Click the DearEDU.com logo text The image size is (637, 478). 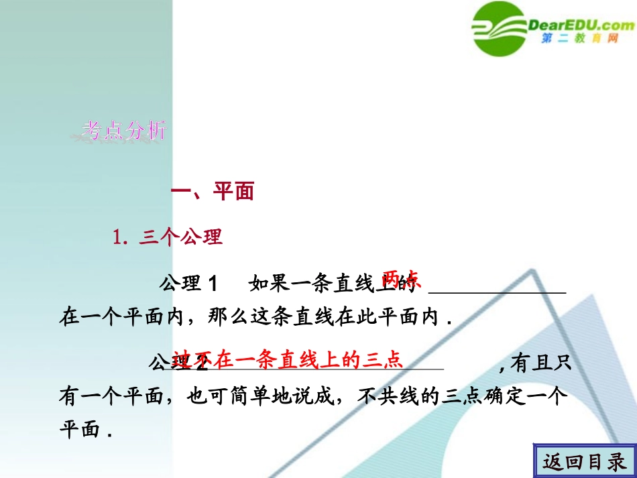coord(581,25)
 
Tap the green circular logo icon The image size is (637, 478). coord(500,28)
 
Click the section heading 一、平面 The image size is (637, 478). coord(213,192)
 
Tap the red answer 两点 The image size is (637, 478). coord(401,278)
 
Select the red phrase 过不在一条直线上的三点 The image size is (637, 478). coord(288,360)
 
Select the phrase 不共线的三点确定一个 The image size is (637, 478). coord(463,397)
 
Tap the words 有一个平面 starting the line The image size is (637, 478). coord(111,397)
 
